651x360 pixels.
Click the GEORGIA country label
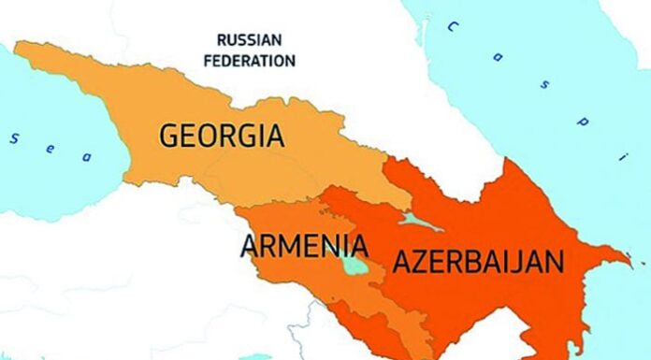[x=222, y=136]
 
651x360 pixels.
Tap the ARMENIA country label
[x=303, y=247]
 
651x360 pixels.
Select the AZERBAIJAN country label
[x=477, y=262]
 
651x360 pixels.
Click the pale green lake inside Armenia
[x=354, y=266]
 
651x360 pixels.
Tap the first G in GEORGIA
[x=169, y=136]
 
